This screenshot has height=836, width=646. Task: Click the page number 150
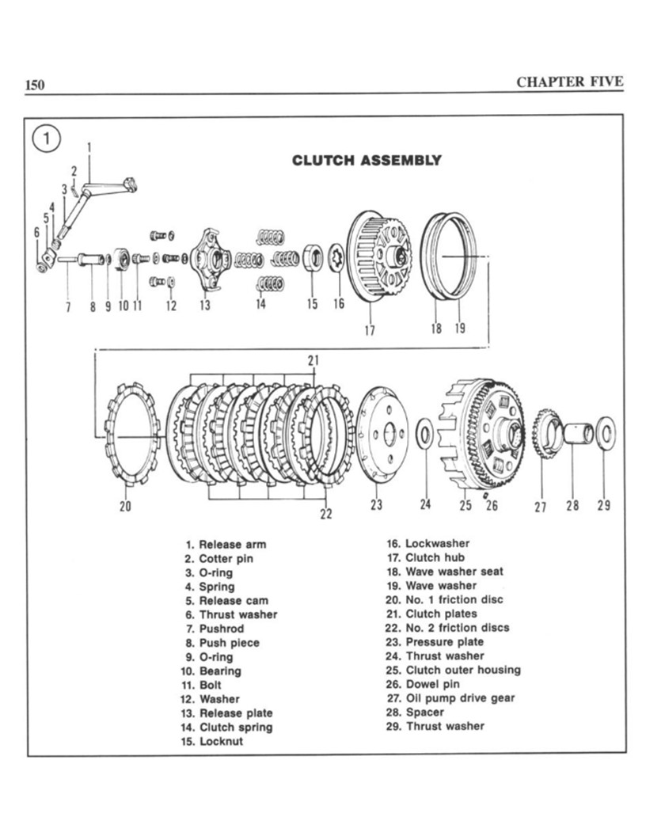[36, 85]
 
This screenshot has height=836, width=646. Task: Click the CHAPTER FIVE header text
[569, 82]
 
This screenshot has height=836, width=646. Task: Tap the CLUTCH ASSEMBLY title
[367, 161]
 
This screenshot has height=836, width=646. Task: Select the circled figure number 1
[47, 139]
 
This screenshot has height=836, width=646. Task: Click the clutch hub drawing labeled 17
[382, 256]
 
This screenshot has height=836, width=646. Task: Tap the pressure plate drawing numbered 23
[382, 433]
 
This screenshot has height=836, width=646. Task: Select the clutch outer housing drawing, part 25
[481, 432]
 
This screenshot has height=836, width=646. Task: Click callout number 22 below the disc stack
[325, 515]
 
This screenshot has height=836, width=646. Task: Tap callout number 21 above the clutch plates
[313, 360]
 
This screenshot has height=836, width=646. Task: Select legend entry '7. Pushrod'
[210, 629]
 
